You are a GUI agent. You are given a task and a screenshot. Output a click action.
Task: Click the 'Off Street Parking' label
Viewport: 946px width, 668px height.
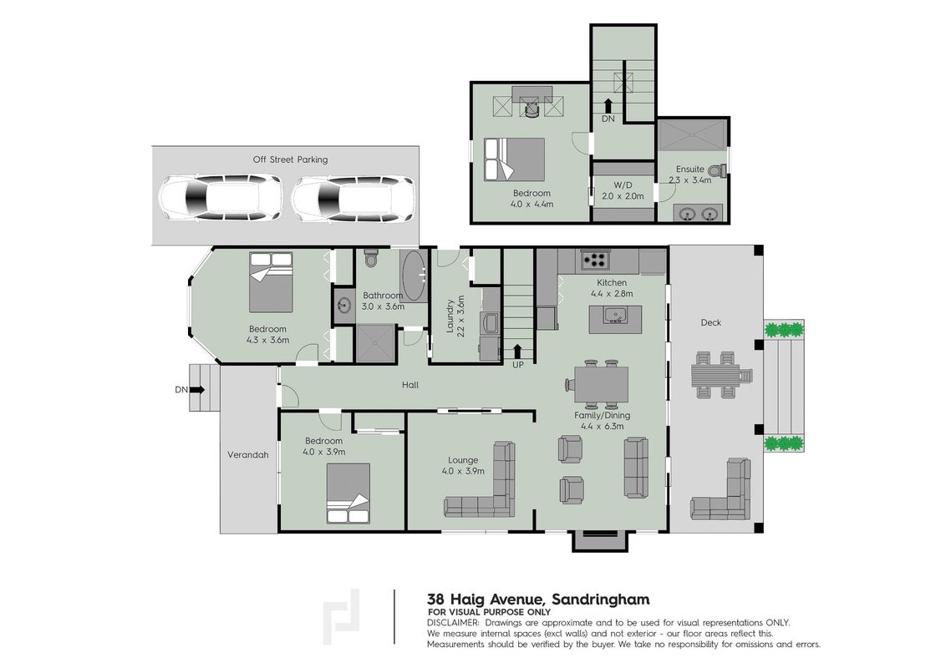(290, 159)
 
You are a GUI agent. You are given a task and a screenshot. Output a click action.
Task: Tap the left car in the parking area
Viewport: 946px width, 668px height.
(221, 198)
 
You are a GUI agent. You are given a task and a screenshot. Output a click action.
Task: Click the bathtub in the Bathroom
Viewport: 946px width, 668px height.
(414, 276)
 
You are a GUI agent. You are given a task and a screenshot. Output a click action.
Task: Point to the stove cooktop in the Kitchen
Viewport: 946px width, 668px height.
(596, 260)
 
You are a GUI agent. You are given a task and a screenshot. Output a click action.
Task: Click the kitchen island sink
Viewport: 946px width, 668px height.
(615, 315)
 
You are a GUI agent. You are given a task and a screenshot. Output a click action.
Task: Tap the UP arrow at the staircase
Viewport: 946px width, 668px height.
(517, 351)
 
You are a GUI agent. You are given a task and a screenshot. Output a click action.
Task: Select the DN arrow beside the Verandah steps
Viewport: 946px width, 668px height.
(198, 389)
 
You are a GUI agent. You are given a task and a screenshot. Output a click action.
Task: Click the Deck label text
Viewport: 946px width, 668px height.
(710, 322)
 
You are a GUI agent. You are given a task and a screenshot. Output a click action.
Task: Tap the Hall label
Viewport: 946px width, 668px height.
(410, 385)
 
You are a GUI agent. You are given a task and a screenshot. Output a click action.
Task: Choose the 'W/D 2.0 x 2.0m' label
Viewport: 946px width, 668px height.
(623, 190)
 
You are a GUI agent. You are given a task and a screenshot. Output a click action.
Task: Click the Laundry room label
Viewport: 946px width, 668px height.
(455, 316)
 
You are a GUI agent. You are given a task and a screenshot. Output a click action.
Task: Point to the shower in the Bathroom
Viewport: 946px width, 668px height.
(375, 343)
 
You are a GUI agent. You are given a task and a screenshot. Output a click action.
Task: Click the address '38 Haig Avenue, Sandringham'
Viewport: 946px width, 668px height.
(538, 600)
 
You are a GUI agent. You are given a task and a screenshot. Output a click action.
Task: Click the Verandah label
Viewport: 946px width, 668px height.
(247, 454)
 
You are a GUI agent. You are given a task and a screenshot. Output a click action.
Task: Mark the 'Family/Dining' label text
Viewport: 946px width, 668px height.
(602, 415)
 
